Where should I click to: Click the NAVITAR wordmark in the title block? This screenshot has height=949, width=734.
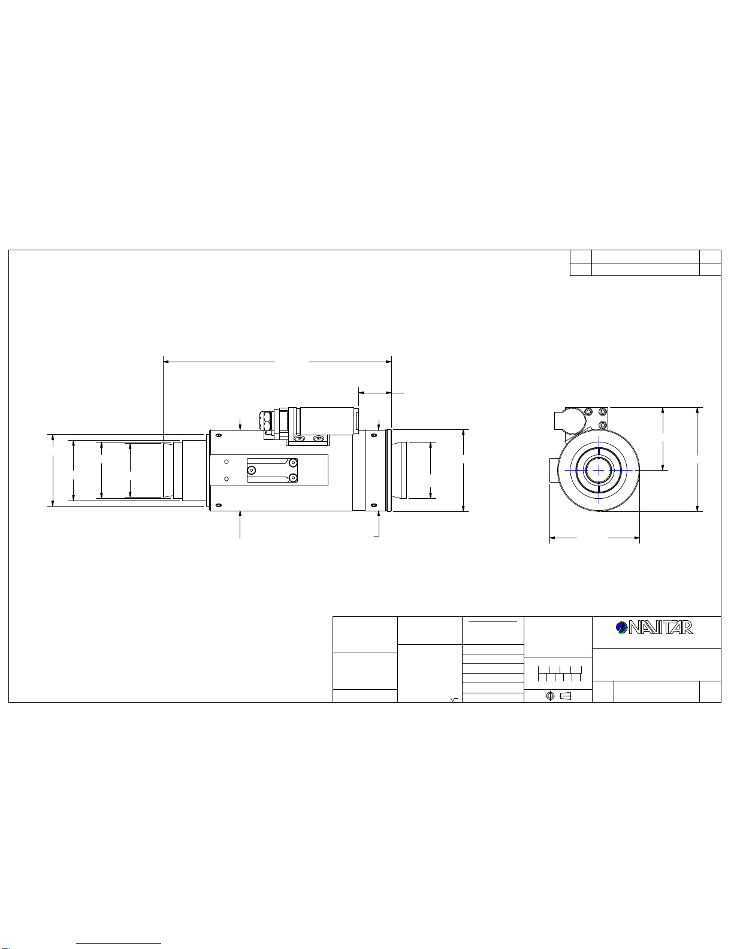(x=660, y=627)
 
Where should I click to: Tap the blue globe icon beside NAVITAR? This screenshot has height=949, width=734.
(x=621, y=627)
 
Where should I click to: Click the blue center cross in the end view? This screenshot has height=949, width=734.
(x=599, y=470)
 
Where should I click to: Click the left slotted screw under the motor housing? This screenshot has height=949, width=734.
(x=299, y=438)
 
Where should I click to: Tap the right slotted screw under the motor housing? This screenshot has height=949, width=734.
(x=319, y=438)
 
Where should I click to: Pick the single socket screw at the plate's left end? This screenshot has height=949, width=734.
(x=251, y=471)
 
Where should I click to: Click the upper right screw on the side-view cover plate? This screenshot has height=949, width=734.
(x=293, y=463)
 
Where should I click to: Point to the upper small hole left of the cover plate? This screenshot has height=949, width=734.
(x=226, y=462)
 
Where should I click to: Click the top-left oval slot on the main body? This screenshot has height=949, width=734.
(x=219, y=435)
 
